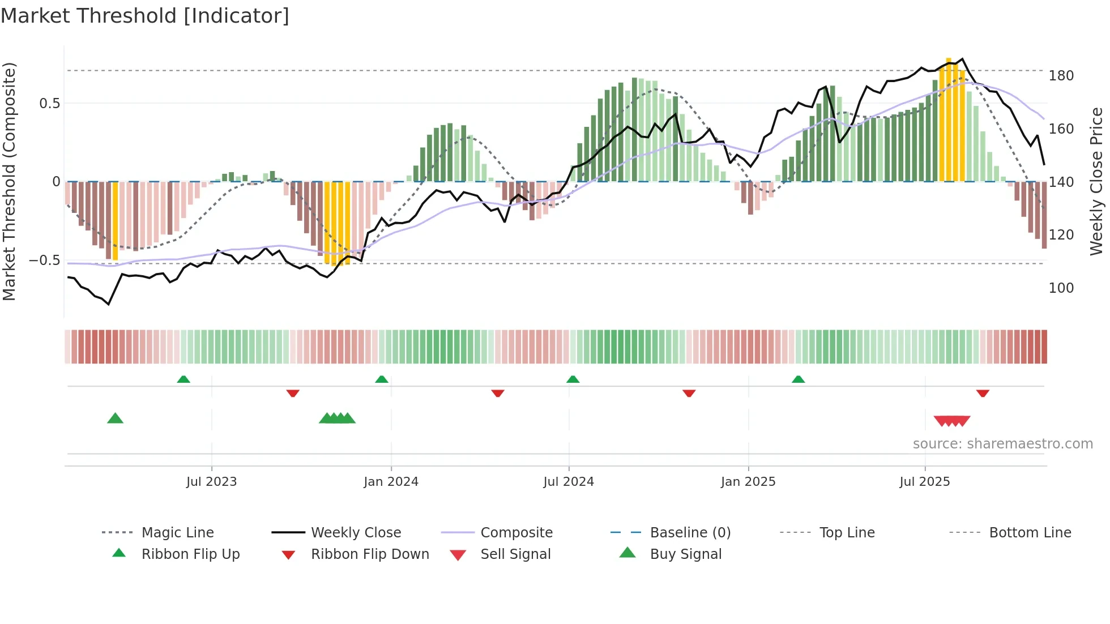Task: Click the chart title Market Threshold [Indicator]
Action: click(x=145, y=16)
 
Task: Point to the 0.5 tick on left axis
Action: click(x=49, y=104)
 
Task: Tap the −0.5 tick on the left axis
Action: click(x=45, y=260)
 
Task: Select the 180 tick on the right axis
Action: click(x=1061, y=76)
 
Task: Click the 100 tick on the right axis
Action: click(x=1061, y=288)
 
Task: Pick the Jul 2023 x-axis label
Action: click(x=211, y=482)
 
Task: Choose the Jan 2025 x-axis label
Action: click(x=748, y=482)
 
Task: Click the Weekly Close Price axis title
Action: click(x=1096, y=181)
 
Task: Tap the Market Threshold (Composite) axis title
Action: click(x=9, y=181)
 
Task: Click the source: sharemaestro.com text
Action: click(x=1002, y=444)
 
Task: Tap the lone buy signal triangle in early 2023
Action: click(x=115, y=418)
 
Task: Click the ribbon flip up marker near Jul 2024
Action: click(x=573, y=379)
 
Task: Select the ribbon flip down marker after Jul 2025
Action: click(x=983, y=393)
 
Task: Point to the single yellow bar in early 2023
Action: click(x=116, y=221)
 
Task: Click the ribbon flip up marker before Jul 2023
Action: click(x=183, y=379)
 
